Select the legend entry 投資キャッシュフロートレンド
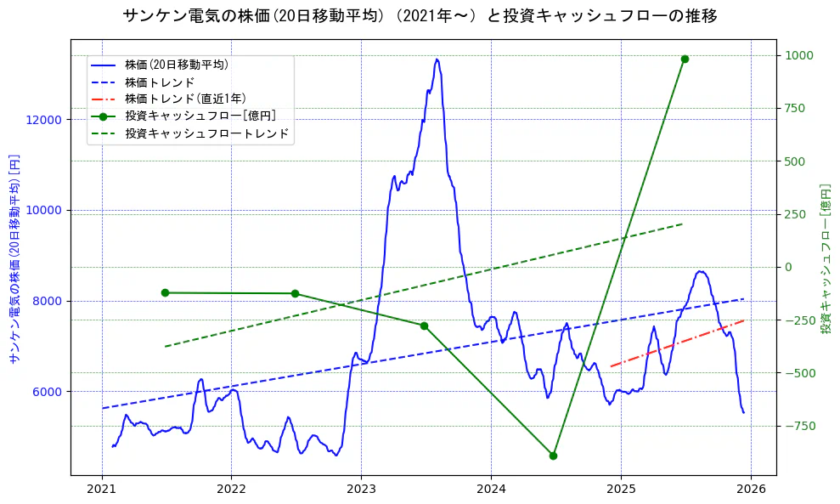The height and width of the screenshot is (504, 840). point(206,133)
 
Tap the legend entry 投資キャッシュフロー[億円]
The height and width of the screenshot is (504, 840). point(200,116)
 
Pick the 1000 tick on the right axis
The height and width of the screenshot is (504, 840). point(799,56)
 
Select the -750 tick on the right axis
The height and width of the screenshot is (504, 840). point(799,426)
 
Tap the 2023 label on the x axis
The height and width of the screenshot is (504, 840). point(361,490)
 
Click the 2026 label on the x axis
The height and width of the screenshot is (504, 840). point(751,490)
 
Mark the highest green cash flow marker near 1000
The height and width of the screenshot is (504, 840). point(685,59)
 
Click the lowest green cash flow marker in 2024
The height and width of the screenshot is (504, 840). point(553,456)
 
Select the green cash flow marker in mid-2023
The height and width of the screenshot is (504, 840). point(424,326)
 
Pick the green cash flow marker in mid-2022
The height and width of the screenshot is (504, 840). point(295,293)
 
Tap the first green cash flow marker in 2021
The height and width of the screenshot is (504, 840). point(165,292)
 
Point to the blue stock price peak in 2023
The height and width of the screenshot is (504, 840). point(437,59)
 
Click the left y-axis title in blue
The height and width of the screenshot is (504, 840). point(14,259)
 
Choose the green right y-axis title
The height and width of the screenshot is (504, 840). point(826,259)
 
